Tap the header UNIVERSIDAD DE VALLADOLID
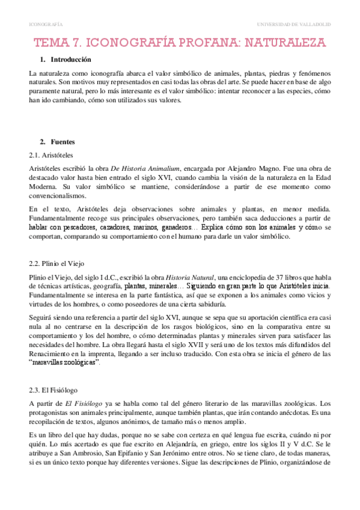(x=294, y=24)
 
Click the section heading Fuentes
(x=63, y=142)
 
